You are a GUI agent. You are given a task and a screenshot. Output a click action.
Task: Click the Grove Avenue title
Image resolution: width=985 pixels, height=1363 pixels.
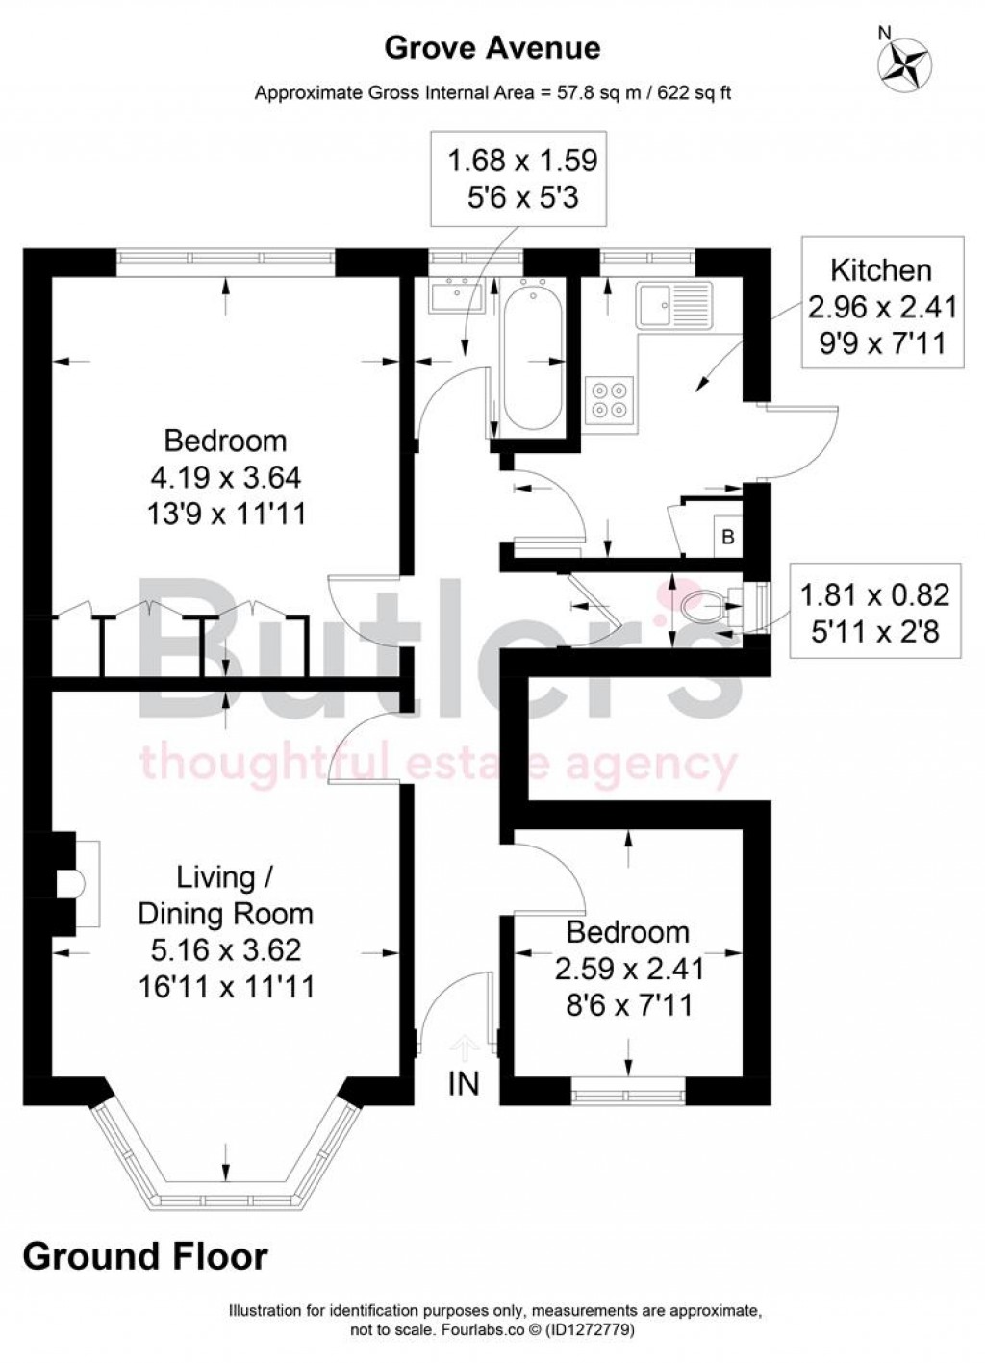pyautogui.click(x=492, y=47)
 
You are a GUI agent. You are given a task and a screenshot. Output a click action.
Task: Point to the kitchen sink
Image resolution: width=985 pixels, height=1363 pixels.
pyautogui.click(x=672, y=304)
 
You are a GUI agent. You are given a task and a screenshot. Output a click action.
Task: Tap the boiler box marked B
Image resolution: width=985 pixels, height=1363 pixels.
pyautogui.click(x=727, y=537)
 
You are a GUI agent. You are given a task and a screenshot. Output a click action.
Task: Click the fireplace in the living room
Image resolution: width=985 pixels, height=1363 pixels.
pyautogui.click(x=73, y=883)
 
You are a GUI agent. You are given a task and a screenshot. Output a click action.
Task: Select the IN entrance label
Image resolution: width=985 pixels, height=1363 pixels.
pyautogui.click(x=464, y=1084)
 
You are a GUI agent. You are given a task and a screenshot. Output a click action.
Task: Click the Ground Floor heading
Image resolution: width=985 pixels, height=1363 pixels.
pyautogui.click(x=145, y=1256)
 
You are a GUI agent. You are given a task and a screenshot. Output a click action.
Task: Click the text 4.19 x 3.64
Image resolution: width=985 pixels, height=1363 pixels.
pyautogui.click(x=225, y=477)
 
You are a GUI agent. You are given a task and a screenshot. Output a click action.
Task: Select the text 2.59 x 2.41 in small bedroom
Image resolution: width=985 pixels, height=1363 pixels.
pyautogui.click(x=629, y=969)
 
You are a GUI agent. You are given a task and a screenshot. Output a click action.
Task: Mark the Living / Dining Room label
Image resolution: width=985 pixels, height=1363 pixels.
pyautogui.click(x=225, y=895)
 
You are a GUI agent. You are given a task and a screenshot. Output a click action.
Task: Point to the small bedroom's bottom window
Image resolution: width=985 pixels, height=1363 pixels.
pyautogui.click(x=628, y=1092)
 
